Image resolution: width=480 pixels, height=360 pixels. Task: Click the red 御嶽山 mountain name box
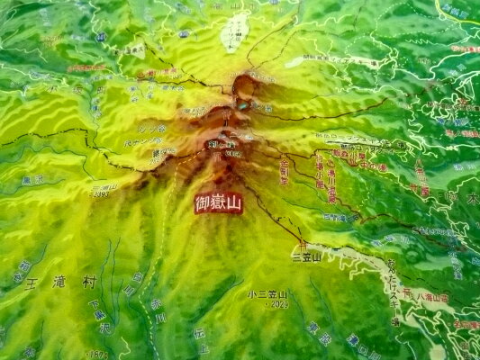(219, 202)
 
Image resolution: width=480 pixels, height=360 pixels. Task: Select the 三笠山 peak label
(306, 257)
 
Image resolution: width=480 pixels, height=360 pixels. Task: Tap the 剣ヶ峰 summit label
(221, 144)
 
